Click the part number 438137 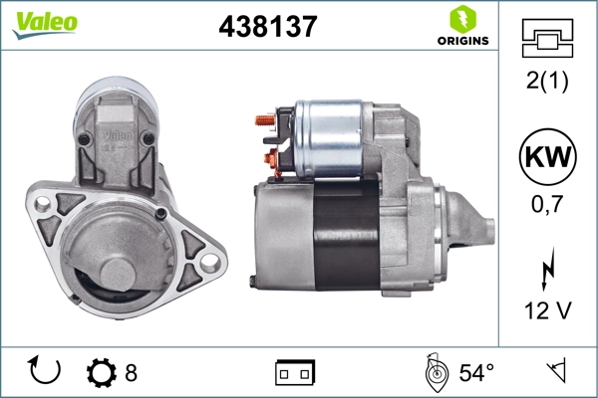pos(267,28)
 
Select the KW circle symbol pos(545,159)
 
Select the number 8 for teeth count pos(131,373)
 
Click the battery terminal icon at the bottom pos(295,373)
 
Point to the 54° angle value pos(475,373)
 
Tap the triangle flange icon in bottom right pos(555,372)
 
